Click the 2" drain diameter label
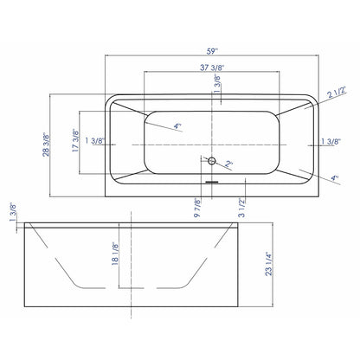coord(228,164)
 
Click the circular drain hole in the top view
coord(210,161)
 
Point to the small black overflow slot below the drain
coord(210,182)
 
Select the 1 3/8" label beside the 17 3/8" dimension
coord(97,140)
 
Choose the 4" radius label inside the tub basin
coord(177,126)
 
